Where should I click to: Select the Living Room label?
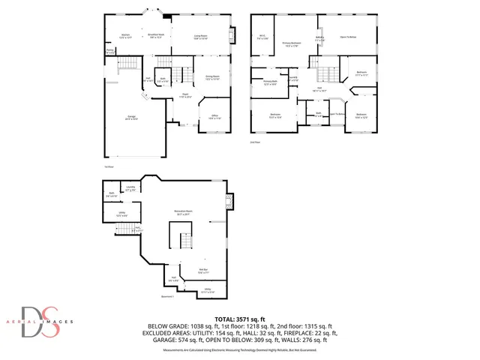click(x=201, y=36)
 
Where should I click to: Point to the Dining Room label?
click(x=211, y=77)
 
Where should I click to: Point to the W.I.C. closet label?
click(x=262, y=36)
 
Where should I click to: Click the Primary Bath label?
click(x=271, y=82)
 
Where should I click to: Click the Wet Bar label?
click(x=202, y=271)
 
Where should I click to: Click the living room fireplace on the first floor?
click(x=232, y=35)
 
